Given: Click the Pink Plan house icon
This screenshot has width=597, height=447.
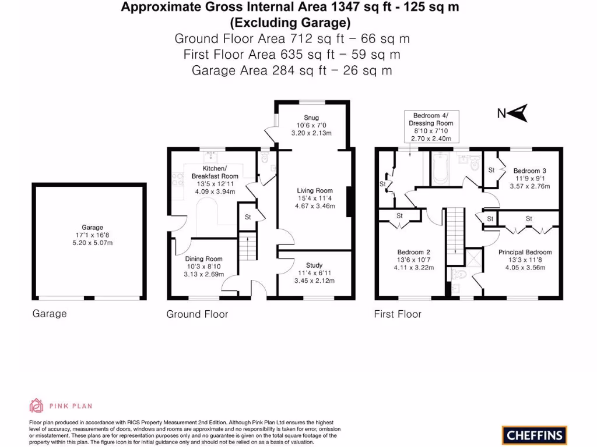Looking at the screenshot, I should (x=37, y=406).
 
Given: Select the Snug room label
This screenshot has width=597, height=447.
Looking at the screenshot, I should (x=312, y=118).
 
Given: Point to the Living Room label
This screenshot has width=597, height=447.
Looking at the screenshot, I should (x=314, y=190).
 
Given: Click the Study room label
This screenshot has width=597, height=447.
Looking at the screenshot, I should (x=314, y=265).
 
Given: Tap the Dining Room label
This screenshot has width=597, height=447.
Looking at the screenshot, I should (x=203, y=259).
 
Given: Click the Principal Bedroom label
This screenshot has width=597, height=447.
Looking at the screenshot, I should (x=525, y=252).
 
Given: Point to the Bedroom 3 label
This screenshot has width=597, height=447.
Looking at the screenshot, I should (x=529, y=171).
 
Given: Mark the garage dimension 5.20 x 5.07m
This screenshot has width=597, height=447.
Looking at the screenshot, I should (x=92, y=243).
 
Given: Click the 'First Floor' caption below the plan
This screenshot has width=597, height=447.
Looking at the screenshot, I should (x=397, y=314).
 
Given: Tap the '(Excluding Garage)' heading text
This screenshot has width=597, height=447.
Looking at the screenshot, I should (x=290, y=23).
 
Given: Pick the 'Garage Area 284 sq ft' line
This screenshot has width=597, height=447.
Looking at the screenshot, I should (x=292, y=70).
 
